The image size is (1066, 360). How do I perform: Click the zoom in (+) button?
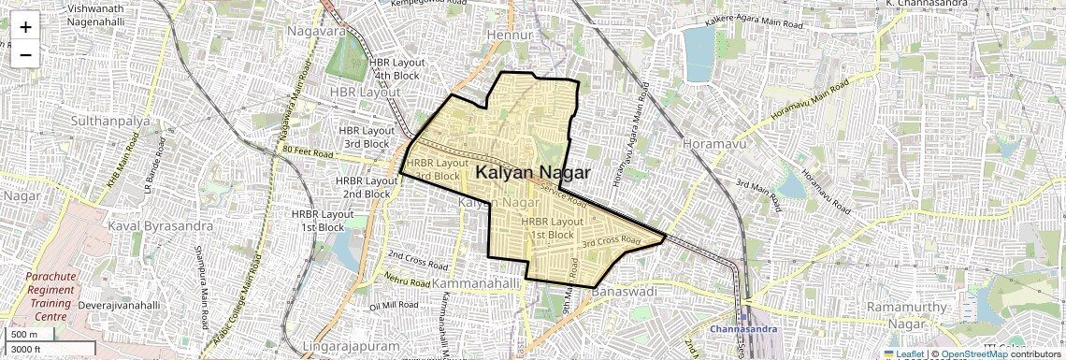click(25, 27)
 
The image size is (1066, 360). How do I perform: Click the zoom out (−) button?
click(25, 55)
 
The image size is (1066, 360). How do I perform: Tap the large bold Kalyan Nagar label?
click(533, 173)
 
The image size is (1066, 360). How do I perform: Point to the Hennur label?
click(511, 36)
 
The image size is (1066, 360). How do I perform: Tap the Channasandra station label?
click(741, 329)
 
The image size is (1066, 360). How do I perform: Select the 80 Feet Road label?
click(307, 151)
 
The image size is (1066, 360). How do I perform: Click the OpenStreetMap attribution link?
click(973, 354)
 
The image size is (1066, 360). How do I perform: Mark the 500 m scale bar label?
click(24, 334)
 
